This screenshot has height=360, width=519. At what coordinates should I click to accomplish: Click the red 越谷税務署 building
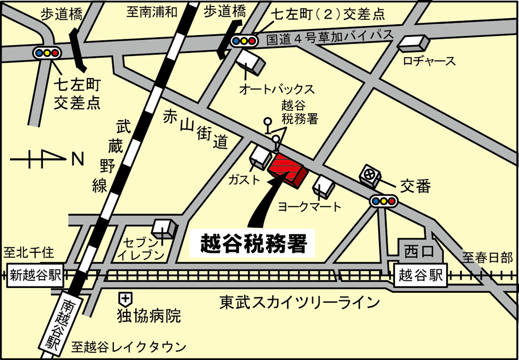[x=287, y=169]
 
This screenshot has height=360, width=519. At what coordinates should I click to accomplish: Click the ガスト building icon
[x=261, y=155]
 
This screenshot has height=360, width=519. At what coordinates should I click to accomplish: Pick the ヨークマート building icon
[x=326, y=187]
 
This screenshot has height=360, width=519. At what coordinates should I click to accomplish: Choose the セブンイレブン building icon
[x=164, y=228]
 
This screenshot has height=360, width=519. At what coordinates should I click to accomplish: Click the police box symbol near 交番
[x=370, y=174]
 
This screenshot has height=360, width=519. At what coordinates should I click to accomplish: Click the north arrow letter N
[x=78, y=159]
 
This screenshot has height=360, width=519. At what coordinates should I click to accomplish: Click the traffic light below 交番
[x=384, y=201]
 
